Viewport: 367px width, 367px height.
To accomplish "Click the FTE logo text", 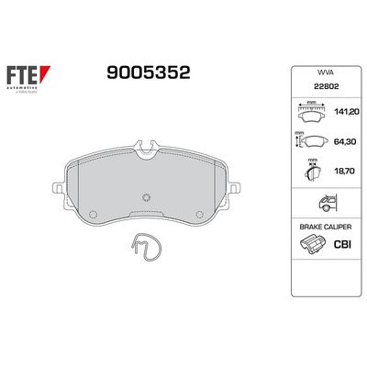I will [28, 73].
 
